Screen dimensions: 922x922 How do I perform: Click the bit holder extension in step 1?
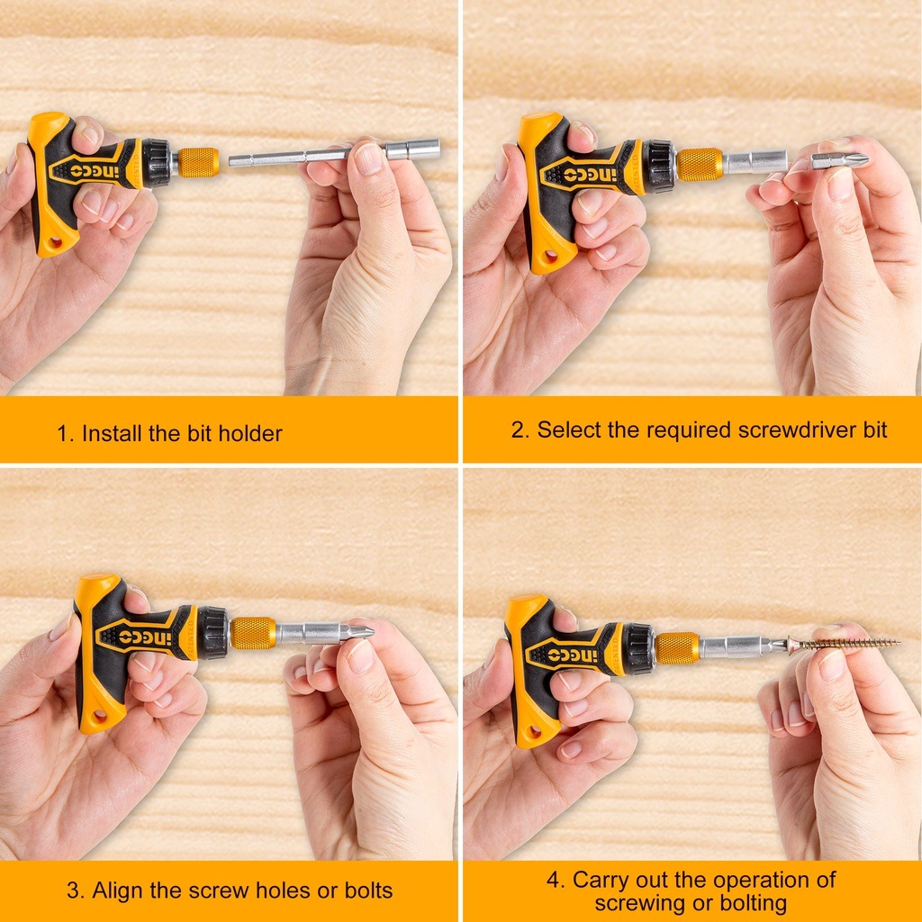click(x=335, y=154)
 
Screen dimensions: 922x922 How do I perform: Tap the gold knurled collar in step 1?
click(x=198, y=162)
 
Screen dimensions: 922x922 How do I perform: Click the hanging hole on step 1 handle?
click(x=55, y=242)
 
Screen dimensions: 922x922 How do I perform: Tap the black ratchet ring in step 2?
click(x=660, y=167)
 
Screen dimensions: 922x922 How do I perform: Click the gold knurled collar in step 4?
click(x=677, y=648)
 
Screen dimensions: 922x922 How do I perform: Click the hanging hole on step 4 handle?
click(x=535, y=732)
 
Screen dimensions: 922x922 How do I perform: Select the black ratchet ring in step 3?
click(x=212, y=633)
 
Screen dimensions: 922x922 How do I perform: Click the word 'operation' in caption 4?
click(x=756, y=881)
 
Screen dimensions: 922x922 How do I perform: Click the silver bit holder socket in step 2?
click(x=755, y=162)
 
